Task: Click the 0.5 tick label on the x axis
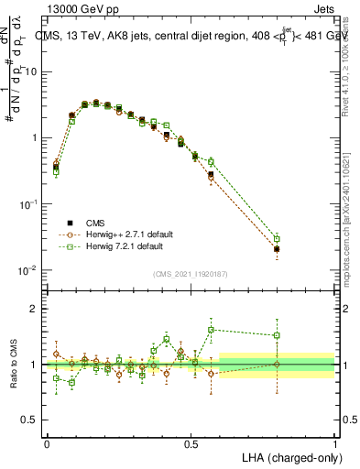pyautogui.click(x=191, y=443)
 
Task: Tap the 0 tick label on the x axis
pyautogui.click(x=47, y=443)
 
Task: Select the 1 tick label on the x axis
pyautogui.click(x=334, y=443)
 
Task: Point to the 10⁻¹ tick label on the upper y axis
pyautogui.click(x=29, y=204)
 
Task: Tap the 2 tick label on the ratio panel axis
pyautogui.click(x=35, y=309)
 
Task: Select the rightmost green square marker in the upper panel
pyautogui.click(x=277, y=238)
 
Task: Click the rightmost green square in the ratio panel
pyautogui.click(x=277, y=335)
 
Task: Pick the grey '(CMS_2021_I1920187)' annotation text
pyautogui.click(x=190, y=272)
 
